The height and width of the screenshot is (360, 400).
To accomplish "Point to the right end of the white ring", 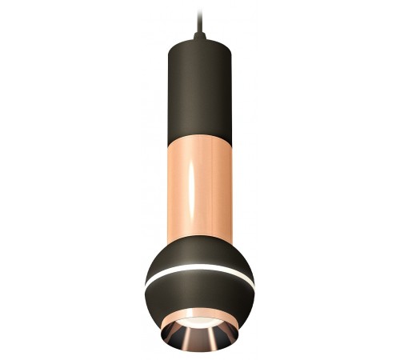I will tap(251, 282).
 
